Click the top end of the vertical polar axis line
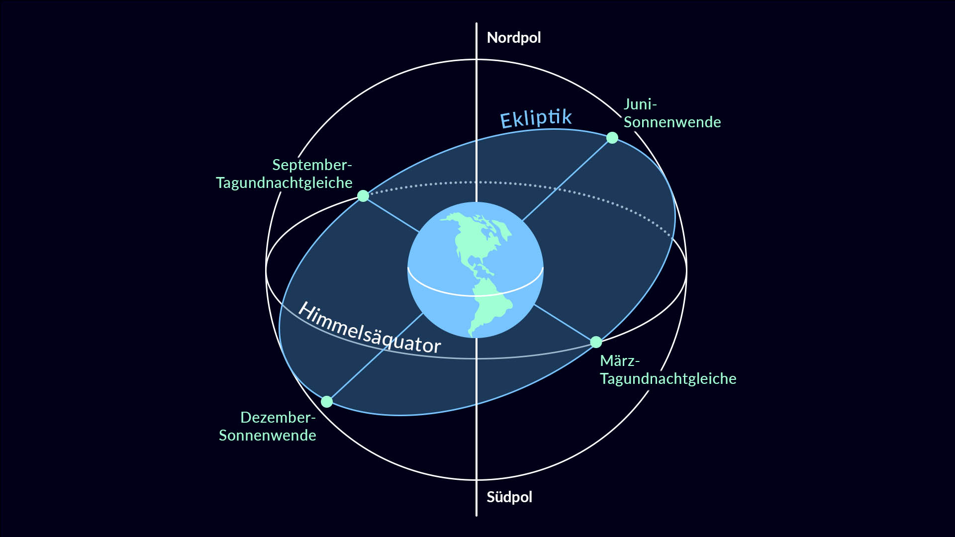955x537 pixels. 476,23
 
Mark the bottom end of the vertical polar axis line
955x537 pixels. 476,516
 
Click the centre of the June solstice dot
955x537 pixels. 612,138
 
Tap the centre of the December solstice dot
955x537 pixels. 327,402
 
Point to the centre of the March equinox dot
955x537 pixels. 596,342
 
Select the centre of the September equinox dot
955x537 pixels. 363,196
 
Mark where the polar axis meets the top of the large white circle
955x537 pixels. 476,60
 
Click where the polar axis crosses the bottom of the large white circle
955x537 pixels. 476,480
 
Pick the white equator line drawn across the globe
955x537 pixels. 476,295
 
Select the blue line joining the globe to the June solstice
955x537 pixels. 567,179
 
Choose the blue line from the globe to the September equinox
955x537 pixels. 391,214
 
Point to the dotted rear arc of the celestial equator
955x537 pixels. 522,184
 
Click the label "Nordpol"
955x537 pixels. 514,38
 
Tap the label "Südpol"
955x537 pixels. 509,497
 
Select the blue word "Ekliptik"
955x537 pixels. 536,118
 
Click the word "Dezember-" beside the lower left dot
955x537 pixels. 278,417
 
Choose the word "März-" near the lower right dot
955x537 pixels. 620,360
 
